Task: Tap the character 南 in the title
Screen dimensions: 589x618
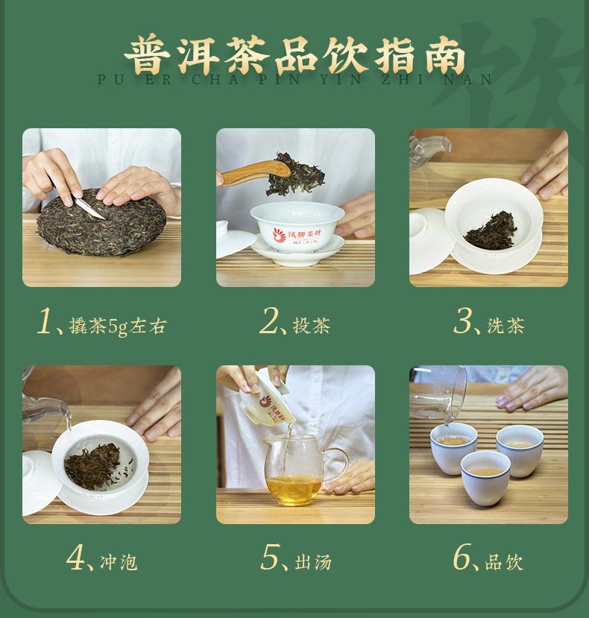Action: click(444, 56)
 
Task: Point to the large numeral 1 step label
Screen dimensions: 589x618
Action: click(45, 321)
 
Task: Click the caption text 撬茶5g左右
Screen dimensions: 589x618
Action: click(118, 326)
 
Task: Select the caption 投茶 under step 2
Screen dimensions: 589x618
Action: click(311, 326)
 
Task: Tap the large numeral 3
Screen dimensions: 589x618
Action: click(462, 321)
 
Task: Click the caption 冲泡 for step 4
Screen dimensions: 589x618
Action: click(119, 562)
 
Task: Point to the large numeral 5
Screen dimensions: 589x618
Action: click(270, 557)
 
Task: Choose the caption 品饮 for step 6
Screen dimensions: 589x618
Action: click(504, 562)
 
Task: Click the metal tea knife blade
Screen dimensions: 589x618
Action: click(89, 206)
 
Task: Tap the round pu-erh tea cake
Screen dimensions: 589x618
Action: click(101, 223)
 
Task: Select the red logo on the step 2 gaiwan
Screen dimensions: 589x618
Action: click(280, 236)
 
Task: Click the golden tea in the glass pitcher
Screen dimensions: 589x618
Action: click(294, 491)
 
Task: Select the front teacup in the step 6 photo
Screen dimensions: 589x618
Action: click(485, 478)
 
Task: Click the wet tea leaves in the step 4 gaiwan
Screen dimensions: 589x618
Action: click(93, 466)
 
